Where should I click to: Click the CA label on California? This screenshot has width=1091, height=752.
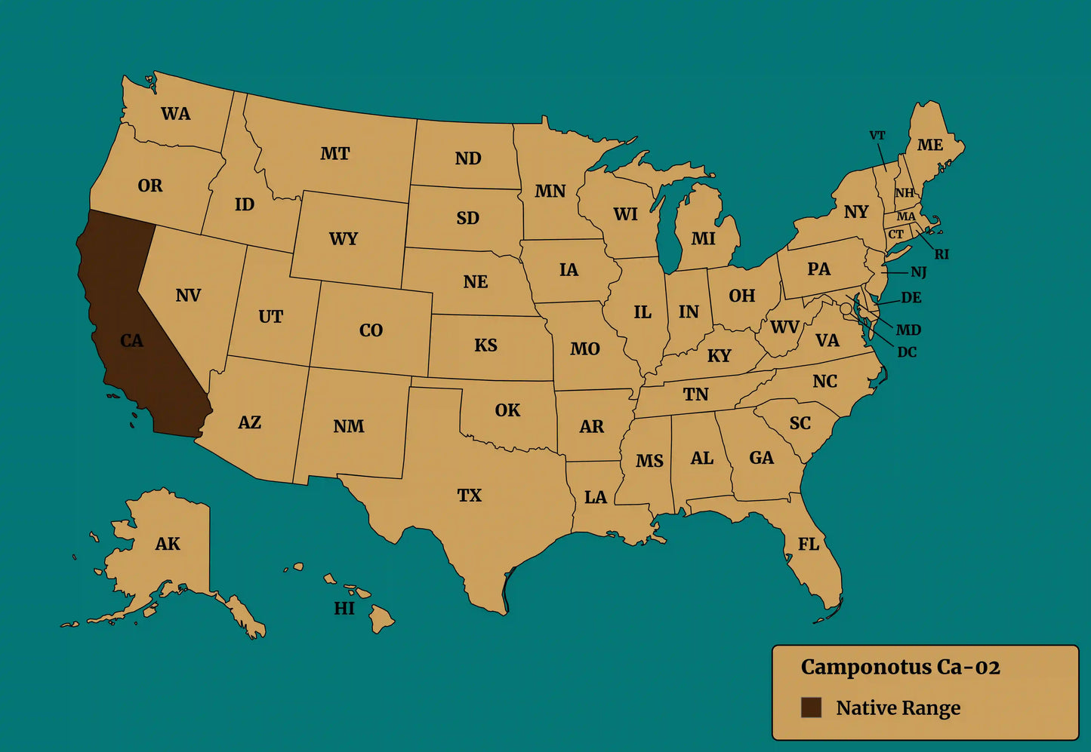131,341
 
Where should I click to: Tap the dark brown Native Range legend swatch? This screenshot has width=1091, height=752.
811,707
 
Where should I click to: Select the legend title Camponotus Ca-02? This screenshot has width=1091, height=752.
900,668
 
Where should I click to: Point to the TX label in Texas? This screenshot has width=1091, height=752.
469,496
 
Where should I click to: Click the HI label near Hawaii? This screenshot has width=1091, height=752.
344,608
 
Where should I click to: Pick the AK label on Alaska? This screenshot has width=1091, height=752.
168,544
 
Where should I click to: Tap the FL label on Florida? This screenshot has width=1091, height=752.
809,544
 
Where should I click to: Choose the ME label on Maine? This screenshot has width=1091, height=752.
929,145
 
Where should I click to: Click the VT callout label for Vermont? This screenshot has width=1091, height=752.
877,136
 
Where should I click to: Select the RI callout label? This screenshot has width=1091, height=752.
942,255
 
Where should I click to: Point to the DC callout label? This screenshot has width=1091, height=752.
907,352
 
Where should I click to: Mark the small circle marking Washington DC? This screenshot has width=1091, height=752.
846,308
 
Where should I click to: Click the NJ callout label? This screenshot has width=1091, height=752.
918,272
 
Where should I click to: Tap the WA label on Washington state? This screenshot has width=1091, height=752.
175,114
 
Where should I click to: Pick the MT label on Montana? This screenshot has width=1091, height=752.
334,154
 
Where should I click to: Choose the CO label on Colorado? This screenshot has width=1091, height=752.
371,330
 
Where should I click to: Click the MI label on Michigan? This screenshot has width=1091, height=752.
703,239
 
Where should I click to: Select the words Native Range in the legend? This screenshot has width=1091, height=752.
898,708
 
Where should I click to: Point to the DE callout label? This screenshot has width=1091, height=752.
911,298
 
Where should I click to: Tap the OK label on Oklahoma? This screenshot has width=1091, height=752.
507,410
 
